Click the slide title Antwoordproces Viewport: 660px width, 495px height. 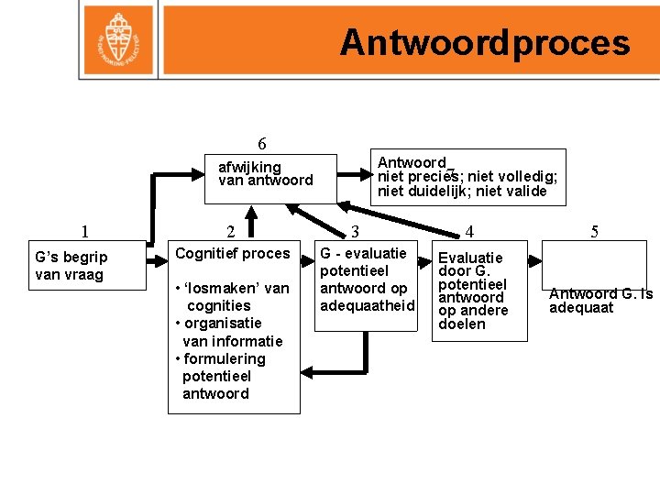[x=485, y=43]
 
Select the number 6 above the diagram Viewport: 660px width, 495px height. [x=262, y=144]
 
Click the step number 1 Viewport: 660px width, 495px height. [x=84, y=232]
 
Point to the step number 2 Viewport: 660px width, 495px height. [x=231, y=232]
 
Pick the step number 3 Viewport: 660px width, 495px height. [x=355, y=232]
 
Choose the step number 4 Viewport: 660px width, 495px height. [x=469, y=232]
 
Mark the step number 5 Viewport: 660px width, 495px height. [x=594, y=232]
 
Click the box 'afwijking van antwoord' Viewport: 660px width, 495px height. [x=265, y=173]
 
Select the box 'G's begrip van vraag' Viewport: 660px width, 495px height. [x=83, y=266]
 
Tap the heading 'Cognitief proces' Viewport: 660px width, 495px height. [x=233, y=253]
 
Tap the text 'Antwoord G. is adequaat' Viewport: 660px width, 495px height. [x=600, y=301]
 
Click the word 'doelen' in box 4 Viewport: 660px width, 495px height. [x=462, y=324]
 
